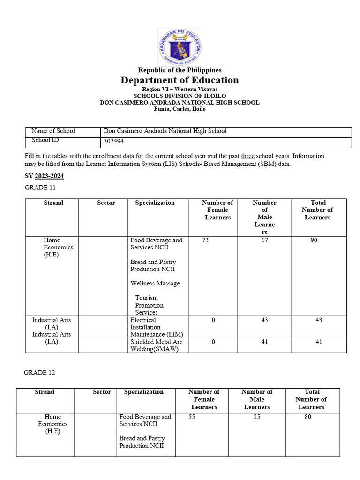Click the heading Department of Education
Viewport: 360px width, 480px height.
[180, 80]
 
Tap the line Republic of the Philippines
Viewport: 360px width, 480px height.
[180, 70]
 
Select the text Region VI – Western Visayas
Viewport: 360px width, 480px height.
[180, 89]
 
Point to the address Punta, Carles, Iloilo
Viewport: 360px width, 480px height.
[180, 109]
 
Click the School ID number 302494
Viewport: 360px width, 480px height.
[114, 141]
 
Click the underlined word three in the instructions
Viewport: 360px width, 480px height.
[247, 156]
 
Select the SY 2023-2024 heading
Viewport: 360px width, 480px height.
[44, 176]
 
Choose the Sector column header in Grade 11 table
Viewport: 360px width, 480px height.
[106, 203]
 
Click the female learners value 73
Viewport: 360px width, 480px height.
[205, 240]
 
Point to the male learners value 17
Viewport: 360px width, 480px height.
[264, 240]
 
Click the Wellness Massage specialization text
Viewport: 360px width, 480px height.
[155, 284]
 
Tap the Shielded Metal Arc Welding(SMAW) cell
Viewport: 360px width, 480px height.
[156, 345]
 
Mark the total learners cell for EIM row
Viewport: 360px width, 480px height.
[319, 321]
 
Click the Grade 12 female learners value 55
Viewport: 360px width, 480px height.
[192, 417]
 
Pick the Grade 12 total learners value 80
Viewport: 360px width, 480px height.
[307, 417]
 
